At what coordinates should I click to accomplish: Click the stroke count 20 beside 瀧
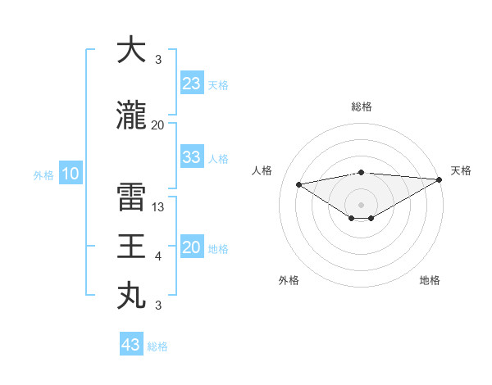(158, 125)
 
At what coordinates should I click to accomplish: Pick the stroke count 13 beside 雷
(159, 207)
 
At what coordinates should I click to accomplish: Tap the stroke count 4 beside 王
(158, 256)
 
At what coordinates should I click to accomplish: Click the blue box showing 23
(192, 84)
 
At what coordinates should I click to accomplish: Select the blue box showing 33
(192, 157)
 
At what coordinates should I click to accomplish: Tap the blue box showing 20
(192, 247)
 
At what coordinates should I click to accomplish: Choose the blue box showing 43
(131, 345)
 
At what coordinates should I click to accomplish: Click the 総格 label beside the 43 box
(157, 346)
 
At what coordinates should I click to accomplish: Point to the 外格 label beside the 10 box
(43, 174)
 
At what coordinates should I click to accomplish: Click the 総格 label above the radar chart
(361, 106)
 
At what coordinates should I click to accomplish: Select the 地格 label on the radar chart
(430, 280)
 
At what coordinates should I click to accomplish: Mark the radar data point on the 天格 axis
(439, 179)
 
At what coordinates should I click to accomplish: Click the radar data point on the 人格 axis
(298, 183)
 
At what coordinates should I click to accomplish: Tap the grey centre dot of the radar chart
(361, 203)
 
